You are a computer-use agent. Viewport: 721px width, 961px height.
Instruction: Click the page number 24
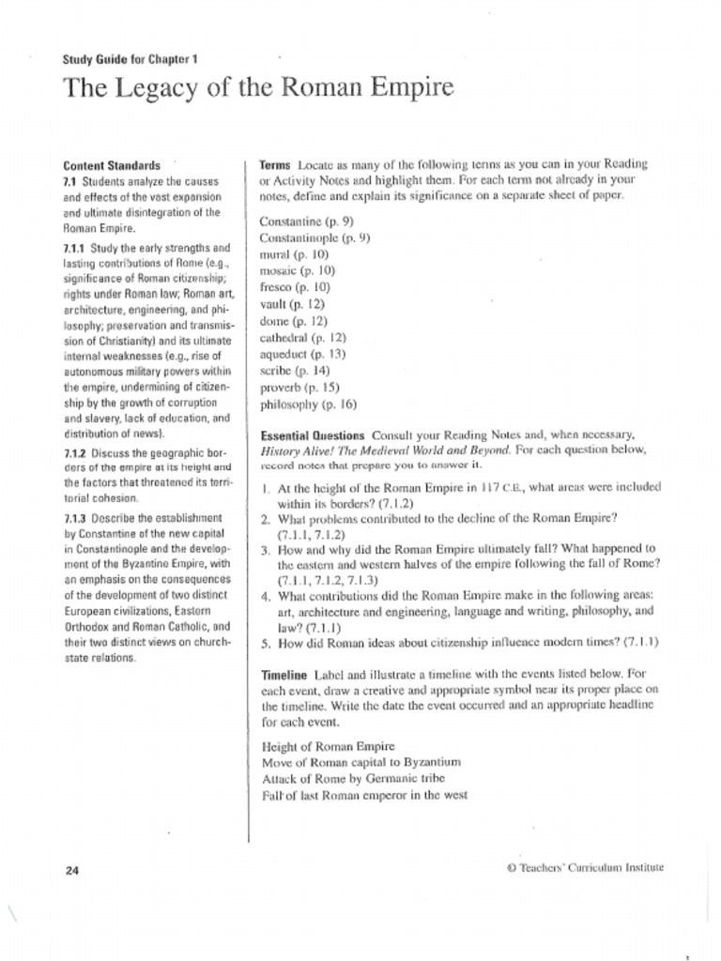click(72, 871)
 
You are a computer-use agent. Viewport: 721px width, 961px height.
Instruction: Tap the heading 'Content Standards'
click(112, 165)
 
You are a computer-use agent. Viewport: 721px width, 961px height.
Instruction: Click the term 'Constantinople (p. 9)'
click(314, 238)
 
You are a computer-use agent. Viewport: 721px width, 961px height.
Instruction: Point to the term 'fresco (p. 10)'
click(295, 287)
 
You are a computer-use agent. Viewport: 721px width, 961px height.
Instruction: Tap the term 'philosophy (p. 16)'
click(308, 405)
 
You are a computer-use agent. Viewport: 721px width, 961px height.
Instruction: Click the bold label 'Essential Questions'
click(313, 435)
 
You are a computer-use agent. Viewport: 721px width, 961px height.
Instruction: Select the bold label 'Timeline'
click(284, 675)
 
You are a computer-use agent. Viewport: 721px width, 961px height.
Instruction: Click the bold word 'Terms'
click(275, 164)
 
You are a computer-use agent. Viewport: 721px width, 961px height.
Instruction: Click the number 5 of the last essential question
click(266, 643)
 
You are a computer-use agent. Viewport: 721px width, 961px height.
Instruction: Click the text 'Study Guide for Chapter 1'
click(130, 59)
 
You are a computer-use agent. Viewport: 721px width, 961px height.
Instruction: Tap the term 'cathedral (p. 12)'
click(303, 337)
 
